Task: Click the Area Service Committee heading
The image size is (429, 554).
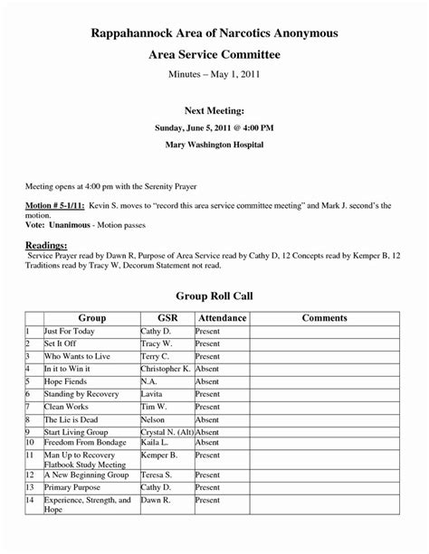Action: pyautogui.click(x=214, y=55)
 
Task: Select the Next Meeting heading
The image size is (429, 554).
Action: pyautogui.click(x=214, y=110)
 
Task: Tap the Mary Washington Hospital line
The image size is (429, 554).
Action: pyautogui.click(x=214, y=144)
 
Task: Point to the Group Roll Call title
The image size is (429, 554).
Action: pyautogui.click(x=214, y=296)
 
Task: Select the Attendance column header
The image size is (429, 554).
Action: pyautogui.click(x=221, y=318)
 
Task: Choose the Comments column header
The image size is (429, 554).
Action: pyautogui.click(x=324, y=318)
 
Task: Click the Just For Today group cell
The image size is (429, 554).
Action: pyautogui.click(x=69, y=332)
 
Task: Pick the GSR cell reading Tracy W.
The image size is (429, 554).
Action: pyautogui.click(x=156, y=344)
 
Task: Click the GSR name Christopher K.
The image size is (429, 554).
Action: pyautogui.click(x=166, y=370)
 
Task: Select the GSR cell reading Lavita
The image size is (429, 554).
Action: pyautogui.click(x=152, y=395)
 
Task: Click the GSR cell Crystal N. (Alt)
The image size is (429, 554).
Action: pyautogui.click(x=167, y=433)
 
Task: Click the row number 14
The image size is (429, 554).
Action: pyautogui.click(x=30, y=499)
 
